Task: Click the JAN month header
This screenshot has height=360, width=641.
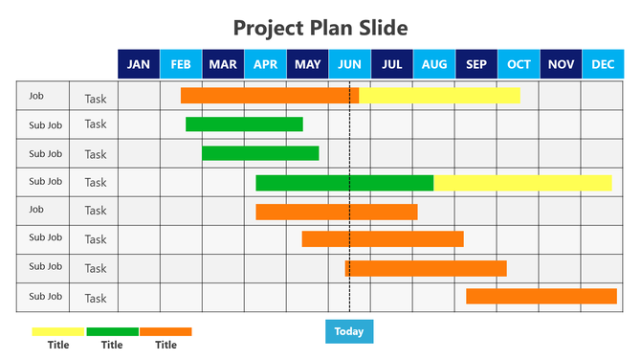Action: (x=139, y=64)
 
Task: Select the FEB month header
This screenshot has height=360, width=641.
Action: (x=181, y=64)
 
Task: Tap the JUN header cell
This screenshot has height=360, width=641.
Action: (x=349, y=64)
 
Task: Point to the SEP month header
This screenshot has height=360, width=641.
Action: (x=475, y=64)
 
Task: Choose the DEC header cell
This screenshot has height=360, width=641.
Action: (x=603, y=64)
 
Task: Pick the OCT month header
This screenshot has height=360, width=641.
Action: (x=519, y=64)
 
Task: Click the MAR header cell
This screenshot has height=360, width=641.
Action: (x=223, y=64)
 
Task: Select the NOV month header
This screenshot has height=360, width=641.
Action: (x=561, y=64)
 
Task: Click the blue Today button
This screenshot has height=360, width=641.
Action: (x=349, y=331)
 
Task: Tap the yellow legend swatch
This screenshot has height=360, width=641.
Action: (x=58, y=331)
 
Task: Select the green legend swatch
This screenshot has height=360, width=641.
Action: (x=112, y=331)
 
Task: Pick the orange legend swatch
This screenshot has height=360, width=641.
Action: (x=166, y=331)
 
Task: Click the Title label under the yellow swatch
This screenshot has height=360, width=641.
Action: (x=58, y=345)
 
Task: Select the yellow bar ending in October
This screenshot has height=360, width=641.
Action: (x=439, y=96)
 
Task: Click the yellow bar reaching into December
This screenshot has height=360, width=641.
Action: (x=522, y=183)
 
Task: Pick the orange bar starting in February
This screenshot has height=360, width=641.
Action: (x=270, y=96)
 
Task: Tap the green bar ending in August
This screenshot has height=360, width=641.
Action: (x=344, y=183)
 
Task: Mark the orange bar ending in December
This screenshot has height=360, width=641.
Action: (x=542, y=297)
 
